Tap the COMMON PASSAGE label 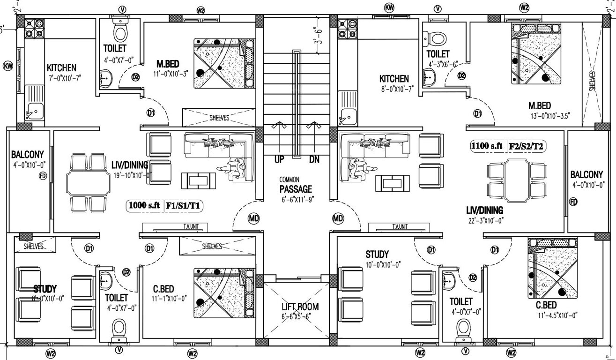click(296, 189)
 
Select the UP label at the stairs click(279, 160)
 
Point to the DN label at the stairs click(314, 160)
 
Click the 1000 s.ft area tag click(144, 205)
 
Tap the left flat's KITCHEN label click(61, 68)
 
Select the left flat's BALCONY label click(28, 154)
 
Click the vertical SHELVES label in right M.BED click(592, 81)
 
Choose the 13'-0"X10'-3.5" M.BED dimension click(546, 116)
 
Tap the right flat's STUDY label click(377, 255)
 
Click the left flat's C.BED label click(164, 288)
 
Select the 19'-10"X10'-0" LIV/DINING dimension click(132, 175)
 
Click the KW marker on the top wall click(390, 7)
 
